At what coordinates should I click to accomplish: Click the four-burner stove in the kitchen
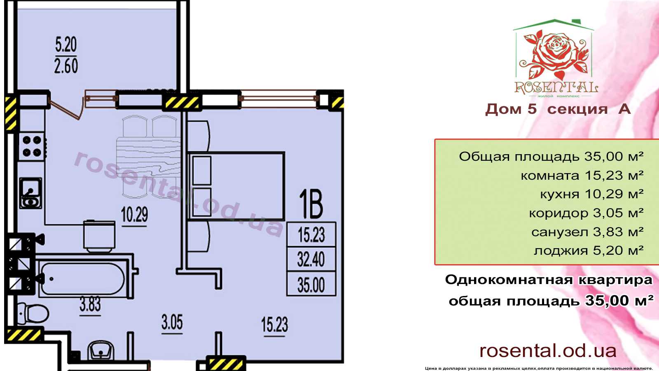click(32, 146)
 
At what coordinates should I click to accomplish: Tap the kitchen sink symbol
click(31, 193)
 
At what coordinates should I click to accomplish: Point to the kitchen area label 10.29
click(134, 214)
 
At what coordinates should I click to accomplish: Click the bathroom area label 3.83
click(90, 305)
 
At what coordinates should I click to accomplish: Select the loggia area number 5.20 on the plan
click(66, 45)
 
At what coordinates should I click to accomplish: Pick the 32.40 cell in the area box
click(311, 259)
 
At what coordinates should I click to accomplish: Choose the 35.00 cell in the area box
click(311, 284)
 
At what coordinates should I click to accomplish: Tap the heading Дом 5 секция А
click(558, 109)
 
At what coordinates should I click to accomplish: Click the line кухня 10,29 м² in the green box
click(591, 194)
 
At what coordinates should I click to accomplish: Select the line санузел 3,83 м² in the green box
click(587, 232)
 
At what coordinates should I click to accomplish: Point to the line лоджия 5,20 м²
click(589, 251)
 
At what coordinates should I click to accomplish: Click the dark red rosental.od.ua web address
click(548, 351)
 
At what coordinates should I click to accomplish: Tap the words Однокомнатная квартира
click(548, 280)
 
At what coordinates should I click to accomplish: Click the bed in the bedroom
click(236, 186)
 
